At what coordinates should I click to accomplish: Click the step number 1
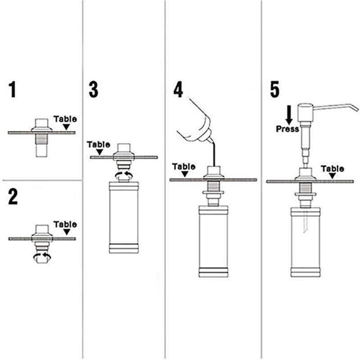(13, 90)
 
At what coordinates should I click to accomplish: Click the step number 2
(13, 197)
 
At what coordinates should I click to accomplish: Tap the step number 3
(93, 90)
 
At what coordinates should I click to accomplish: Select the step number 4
(178, 90)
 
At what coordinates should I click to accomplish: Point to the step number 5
(274, 90)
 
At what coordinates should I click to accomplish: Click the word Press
(287, 129)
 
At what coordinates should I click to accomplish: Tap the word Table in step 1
(65, 119)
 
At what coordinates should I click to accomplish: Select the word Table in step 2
(65, 224)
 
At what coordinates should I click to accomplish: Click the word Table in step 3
(98, 144)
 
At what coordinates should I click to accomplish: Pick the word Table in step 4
(184, 166)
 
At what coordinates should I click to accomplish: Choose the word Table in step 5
(333, 169)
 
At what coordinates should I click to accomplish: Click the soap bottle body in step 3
(124, 216)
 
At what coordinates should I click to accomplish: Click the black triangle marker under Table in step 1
(67, 128)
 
